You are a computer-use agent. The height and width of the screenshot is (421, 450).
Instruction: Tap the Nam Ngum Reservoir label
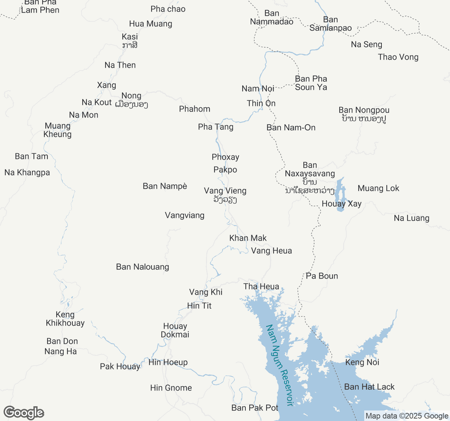point(280,365)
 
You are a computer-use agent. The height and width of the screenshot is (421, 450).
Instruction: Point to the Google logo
point(24,413)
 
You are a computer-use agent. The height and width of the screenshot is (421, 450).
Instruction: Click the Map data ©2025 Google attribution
point(407,416)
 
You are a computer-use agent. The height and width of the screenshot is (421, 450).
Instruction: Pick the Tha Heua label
point(261,287)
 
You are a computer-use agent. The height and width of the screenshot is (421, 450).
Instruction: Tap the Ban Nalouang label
point(142,267)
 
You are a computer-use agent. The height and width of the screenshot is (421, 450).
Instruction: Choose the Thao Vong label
point(398,57)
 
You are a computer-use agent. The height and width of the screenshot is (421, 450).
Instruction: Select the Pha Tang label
point(216,127)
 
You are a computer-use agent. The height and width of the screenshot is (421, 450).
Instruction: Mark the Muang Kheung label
point(58,130)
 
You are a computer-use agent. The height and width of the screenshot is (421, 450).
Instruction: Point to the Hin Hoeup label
point(168,362)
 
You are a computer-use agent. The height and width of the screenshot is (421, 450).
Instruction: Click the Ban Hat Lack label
point(369,387)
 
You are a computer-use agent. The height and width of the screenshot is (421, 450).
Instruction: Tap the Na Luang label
point(411,218)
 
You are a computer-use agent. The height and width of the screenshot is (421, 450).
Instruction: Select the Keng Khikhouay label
point(65,319)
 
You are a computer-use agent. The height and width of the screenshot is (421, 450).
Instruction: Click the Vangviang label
point(185,215)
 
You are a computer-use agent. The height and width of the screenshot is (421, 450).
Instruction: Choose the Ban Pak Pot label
point(255,408)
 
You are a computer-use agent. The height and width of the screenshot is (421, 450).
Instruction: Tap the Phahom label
point(194,109)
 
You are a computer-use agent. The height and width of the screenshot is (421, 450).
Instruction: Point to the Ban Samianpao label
point(330,24)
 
